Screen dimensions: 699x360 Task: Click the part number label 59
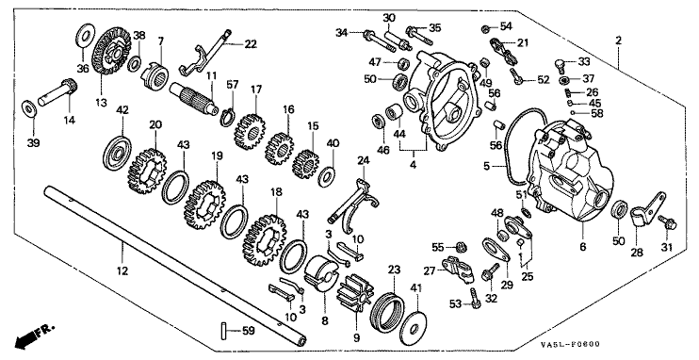(249, 331)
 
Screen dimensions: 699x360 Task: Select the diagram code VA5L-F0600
(570, 344)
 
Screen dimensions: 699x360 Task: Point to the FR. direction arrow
(33, 336)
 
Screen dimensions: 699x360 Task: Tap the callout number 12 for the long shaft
(122, 270)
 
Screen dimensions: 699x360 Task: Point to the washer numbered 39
(29, 108)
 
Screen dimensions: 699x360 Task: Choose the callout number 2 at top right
(618, 41)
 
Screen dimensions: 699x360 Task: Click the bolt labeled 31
(666, 221)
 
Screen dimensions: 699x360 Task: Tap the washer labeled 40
(328, 176)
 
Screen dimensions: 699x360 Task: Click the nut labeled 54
(485, 29)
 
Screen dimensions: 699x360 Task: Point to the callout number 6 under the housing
(582, 246)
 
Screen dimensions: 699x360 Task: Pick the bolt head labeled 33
(561, 65)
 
